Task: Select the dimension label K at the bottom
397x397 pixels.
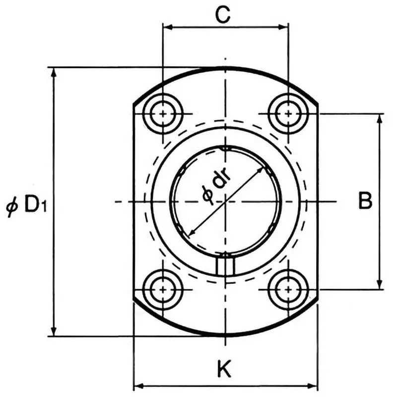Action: [224, 369]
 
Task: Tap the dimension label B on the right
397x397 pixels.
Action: [365, 201]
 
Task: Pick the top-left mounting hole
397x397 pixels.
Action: [163, 114]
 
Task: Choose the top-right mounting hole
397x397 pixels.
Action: [288, 114]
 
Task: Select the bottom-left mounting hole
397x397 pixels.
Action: [163, 289]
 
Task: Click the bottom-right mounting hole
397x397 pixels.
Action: [288, 289]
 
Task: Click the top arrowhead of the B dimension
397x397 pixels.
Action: [381, 119]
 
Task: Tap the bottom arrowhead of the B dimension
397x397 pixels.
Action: [381, 284]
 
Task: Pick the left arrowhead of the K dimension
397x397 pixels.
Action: [138, 385]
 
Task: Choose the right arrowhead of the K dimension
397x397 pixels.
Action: [313, 385]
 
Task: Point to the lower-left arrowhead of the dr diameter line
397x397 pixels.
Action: [192, 233]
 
